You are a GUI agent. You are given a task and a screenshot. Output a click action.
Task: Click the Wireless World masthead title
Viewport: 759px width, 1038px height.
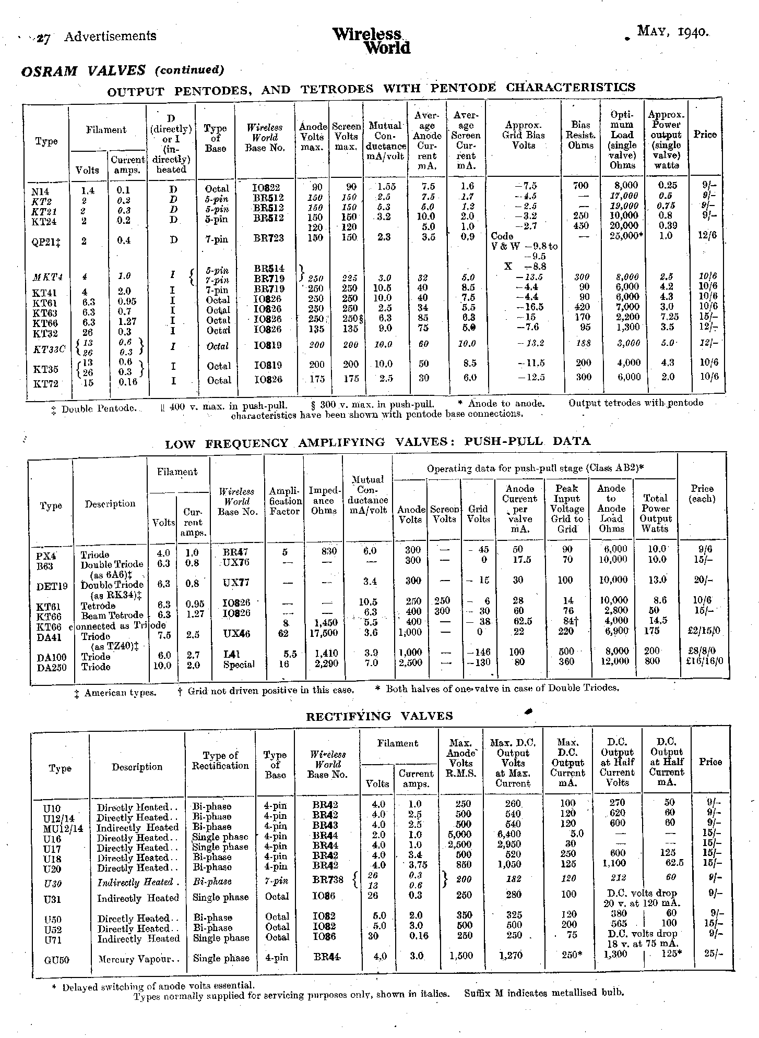pyautogui.click(x=371, y=41)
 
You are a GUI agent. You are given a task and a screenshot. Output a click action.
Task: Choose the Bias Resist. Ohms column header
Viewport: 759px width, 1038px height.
pyautogui.click(x=580, y=135)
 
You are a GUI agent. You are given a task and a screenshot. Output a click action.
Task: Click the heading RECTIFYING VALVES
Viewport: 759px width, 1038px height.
pyautogui.click(x=379, y=716)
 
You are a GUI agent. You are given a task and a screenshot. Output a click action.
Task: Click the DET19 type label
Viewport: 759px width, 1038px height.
pyautogui.click(x=52, y=586)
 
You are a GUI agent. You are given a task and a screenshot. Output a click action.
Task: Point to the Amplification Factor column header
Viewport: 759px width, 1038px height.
pyautogui.click(x=284, y=501)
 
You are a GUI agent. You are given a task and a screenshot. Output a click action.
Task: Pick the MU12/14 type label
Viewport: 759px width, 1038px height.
pyautogui.click(x=63, y=828)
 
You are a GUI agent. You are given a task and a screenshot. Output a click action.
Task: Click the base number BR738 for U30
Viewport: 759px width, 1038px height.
pyautogui.click(x=328, y=879)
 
